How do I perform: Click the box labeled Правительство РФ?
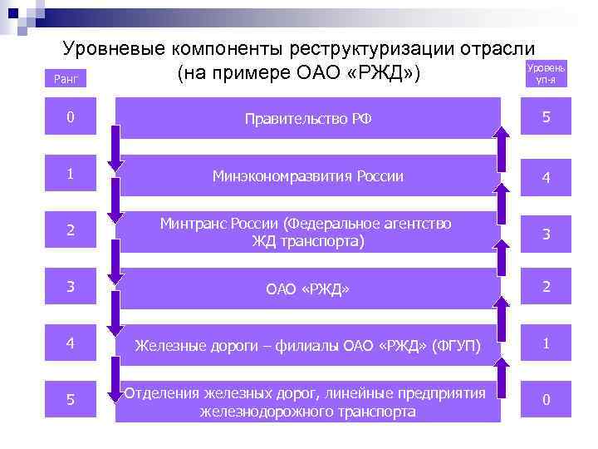(308, 119)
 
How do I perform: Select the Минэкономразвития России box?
(308, 176)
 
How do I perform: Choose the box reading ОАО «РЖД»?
(308, 289)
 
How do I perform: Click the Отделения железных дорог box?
(308, 402)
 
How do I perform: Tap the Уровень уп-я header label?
(546, 74)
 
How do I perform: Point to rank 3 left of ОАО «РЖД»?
(71, 287)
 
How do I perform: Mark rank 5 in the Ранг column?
(71, 400)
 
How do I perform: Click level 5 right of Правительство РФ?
(546, 118)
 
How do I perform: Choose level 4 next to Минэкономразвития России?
(546, 177)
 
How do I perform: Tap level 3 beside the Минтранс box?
(546, 234)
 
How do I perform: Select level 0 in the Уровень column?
(546, 400)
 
